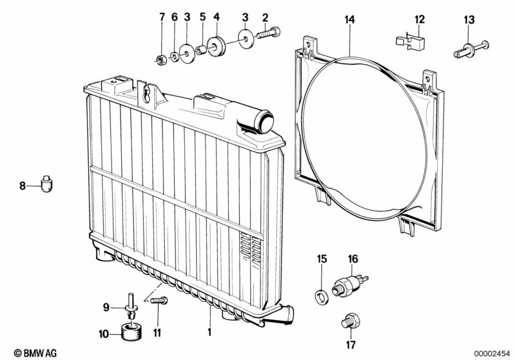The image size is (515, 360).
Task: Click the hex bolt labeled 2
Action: tap(267, 33)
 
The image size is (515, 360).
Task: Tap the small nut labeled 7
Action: tap(160, 60)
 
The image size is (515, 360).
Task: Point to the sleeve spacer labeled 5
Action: tap(200, 50)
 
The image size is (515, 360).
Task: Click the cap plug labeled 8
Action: tap(46, 184)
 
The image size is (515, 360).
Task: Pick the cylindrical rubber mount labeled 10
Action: tap(132, 332)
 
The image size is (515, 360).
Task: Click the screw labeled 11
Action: tap(159, 300)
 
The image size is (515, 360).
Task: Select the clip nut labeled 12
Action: tap(410, 42)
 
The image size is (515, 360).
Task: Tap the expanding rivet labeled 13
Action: tap(471, 50)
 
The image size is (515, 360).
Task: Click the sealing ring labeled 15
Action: tap(320, 297)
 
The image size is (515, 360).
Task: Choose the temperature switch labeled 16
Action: tap(349, 284)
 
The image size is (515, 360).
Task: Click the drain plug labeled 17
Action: tap(351, 321)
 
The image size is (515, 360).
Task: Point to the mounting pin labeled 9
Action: tap(131, 307)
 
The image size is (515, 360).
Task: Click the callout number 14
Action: tap(350, 20)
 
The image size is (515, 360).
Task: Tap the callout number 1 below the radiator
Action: tap(209, 332)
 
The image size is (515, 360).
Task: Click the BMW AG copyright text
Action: tap(35, 353)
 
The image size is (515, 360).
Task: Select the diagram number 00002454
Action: tap(492, 353)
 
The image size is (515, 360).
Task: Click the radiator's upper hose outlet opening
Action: tap(266, 121)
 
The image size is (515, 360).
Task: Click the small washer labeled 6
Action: tap(175, 57)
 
